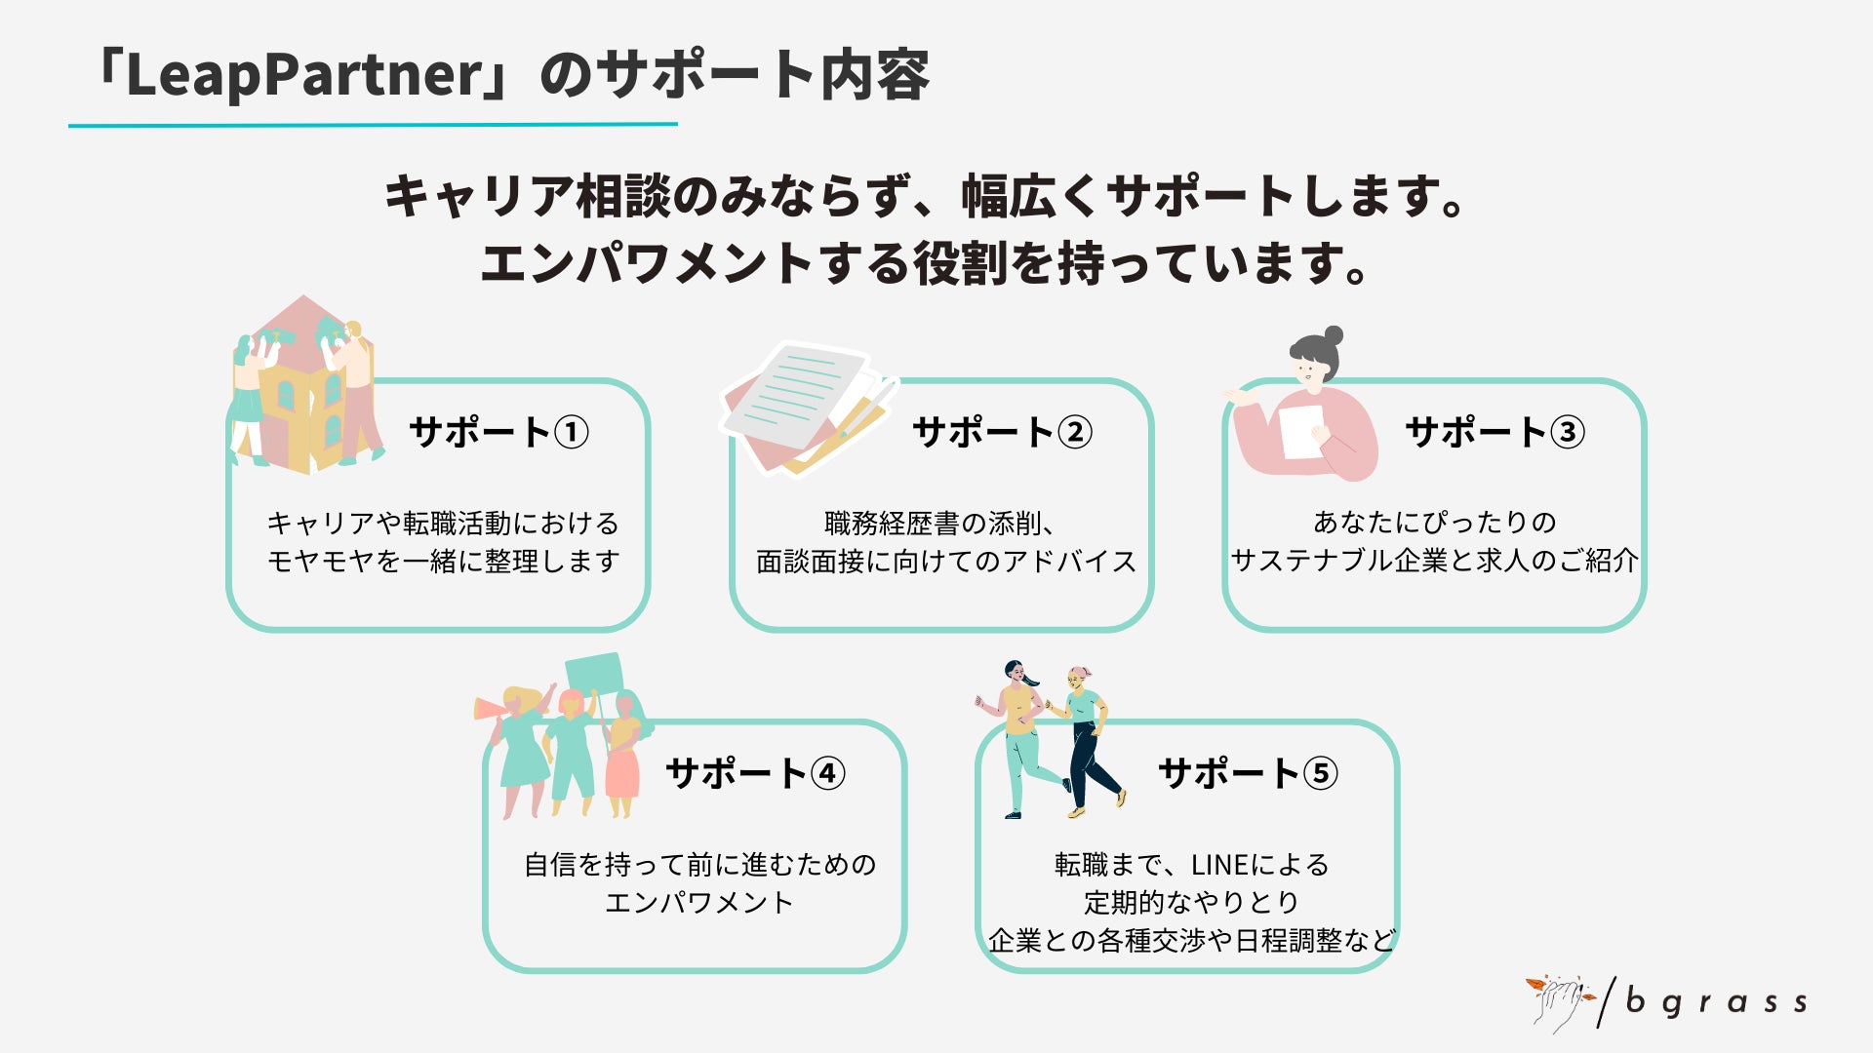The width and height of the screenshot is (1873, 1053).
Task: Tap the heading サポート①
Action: [x=498, y=432]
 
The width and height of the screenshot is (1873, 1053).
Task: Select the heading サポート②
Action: [x=1002, y=432]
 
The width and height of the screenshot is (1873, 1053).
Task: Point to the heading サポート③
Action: [x=1494, y=432]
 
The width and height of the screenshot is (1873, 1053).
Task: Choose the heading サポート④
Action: [x=755, y=774]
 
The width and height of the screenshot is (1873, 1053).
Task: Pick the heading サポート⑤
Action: [x=1248, y=774]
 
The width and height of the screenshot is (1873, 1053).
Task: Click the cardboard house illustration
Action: [x=304, y=390]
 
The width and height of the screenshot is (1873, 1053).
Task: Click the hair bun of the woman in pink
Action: [x=1333, y=336]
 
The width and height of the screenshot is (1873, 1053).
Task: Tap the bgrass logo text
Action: [x=1716, y=1002]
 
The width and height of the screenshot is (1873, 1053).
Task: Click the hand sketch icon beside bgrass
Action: [x=1559, y=1002]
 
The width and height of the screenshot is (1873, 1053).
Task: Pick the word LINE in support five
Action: [x=1219, y=865]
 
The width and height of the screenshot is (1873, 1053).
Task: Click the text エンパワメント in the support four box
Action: [x=698, y=903]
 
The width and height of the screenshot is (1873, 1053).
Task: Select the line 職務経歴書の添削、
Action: [x=938, y=524]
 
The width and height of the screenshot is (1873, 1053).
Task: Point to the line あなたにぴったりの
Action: [x=1434, y=523]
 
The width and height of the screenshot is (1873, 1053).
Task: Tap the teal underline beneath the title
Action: [x=373, y=125]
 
